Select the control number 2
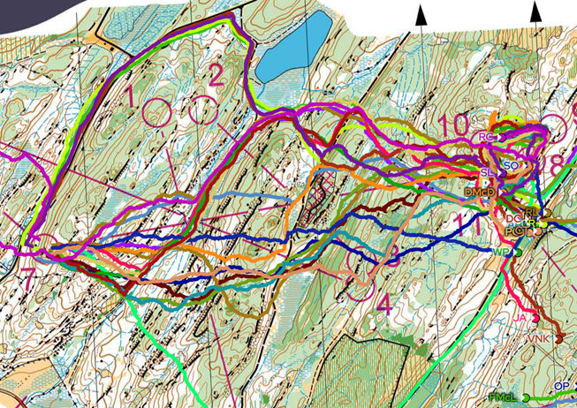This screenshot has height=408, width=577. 216,77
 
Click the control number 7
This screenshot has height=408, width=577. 28,279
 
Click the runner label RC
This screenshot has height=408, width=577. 484,138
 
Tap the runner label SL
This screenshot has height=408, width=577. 487,170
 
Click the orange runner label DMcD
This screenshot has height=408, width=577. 479,191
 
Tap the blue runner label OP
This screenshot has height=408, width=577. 561,387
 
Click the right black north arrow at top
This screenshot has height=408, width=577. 535,11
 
